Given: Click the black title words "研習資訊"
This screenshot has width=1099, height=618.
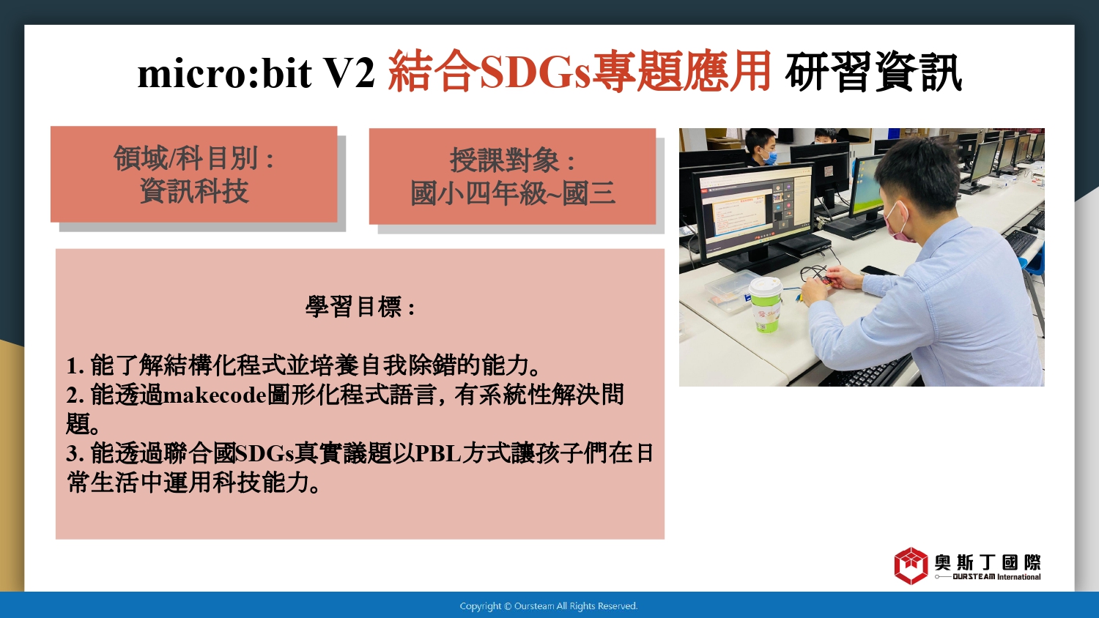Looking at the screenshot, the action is point(873,72).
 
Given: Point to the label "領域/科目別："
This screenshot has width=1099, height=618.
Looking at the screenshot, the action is point(194,158).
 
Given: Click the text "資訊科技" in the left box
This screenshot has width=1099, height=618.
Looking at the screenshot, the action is point(194,191).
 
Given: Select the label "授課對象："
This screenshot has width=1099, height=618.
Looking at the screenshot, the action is point(513,160).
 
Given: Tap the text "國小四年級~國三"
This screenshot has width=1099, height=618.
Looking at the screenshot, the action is point(513,193).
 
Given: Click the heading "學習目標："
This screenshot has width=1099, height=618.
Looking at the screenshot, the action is point(360,307).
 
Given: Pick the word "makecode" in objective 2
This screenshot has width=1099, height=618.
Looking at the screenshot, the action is point(215,395).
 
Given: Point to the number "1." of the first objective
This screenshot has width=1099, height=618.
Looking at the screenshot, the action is point(76,366).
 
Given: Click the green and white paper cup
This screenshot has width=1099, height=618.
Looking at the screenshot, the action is point(766,305).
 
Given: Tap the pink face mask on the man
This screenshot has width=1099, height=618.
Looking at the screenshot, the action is point(899,223).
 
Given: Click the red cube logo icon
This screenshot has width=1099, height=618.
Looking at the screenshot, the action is point(911,565).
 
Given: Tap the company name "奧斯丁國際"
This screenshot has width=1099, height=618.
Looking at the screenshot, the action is point(987,562).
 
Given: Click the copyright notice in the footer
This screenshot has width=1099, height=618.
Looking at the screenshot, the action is point(549,606).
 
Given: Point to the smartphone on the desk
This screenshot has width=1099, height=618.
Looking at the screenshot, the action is point(878,270).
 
